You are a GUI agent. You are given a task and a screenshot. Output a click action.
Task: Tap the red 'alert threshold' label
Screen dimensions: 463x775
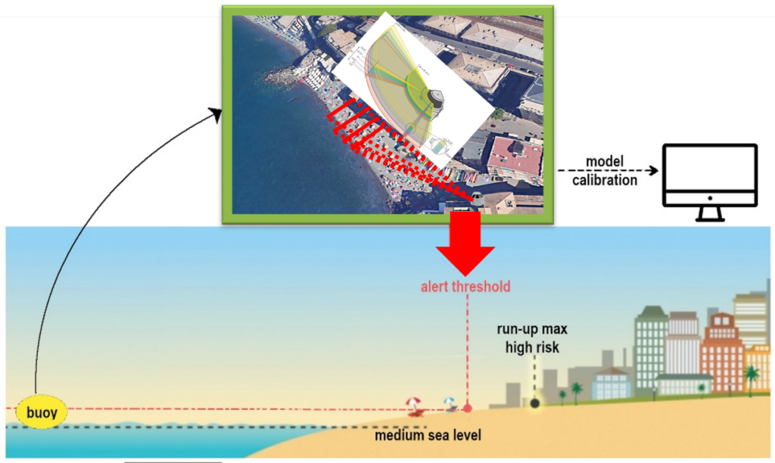pyautogui.click(x=465, y=287)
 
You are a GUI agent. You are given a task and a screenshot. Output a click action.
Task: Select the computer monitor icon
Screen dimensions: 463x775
pyautogui.click(x=709, y=175)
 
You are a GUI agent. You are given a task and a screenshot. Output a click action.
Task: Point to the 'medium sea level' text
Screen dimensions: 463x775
pyautogui.click(x=428, y=436)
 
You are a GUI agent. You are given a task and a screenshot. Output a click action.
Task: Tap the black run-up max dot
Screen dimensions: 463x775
pyautogui.click(x=535, y=403)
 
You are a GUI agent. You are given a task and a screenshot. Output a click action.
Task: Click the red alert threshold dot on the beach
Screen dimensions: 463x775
pyautogui.click(x=467, y=409)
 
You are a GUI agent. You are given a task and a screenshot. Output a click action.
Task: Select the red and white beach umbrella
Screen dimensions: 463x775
pyautogui.click(x=414, y=404)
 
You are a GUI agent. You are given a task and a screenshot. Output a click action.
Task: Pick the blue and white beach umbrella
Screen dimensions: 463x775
pyautogui.click(x=450, y=402)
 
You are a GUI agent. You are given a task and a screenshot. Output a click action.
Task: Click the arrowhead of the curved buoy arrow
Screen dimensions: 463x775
pyautogui.click(x=216, y=114)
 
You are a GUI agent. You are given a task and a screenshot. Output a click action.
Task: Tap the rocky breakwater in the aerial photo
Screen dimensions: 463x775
pyautogui.click(x=284, y=76)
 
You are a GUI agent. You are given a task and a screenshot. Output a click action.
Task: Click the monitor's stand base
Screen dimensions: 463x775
pyautogui.click(x=709, y=218)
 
